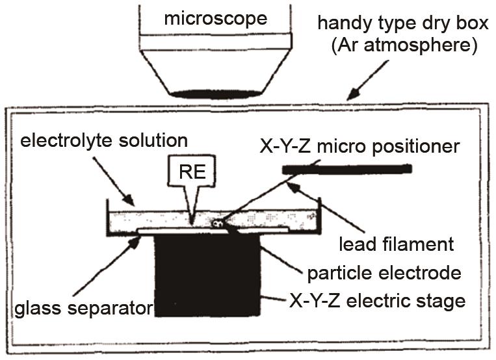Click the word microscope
coord(215,18)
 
